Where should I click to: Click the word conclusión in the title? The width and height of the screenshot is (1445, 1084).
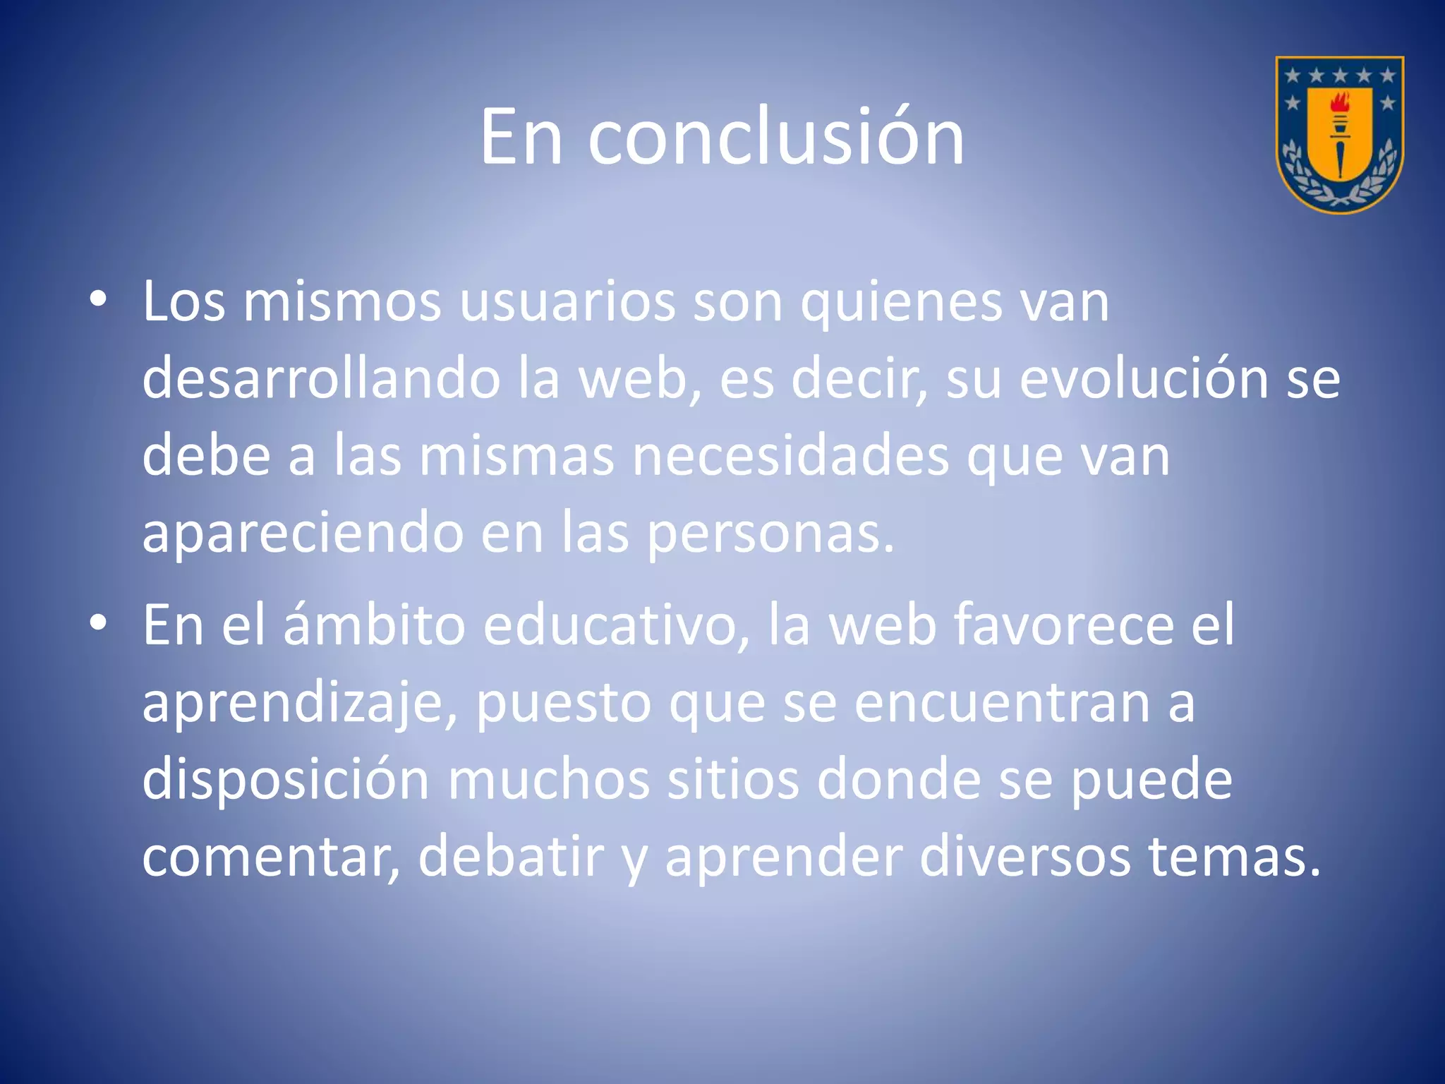click(x=775, y=138)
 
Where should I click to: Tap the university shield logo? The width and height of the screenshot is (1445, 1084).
click(x=1339, y=134)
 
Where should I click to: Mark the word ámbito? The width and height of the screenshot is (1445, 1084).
click(x=374, y=625)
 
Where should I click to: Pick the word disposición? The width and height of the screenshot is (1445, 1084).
click(x=286, y=780)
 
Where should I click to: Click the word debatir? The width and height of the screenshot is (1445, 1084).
click(x=511, y=857)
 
